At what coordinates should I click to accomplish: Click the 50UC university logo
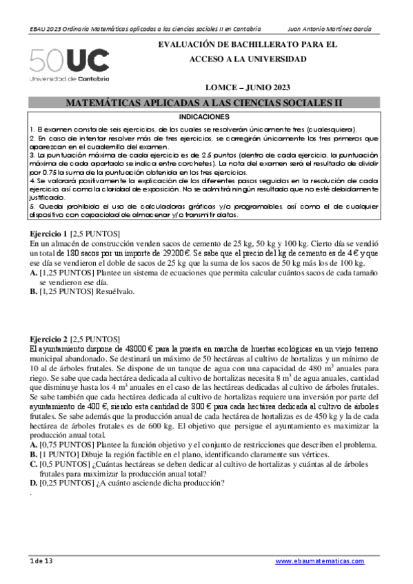tap(69, 61)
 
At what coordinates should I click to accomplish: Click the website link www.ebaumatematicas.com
tap(319, 562)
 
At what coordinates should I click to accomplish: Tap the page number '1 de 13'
tap(41, 562)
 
